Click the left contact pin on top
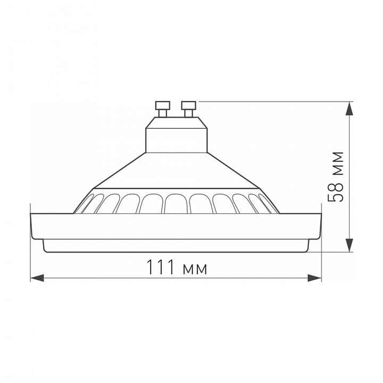point(163,109)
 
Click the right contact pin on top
point(188,109)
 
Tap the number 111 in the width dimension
point(161,267)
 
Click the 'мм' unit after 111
point(195,269)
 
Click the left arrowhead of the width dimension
point(37,278)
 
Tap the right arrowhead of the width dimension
point(314,278)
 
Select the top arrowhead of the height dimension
point(350,109)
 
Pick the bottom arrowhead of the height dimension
point(350,245)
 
